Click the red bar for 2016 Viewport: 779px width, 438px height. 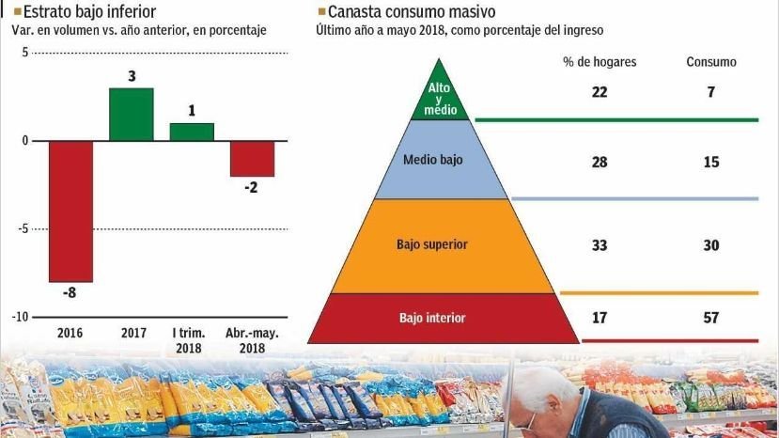click(70, 211)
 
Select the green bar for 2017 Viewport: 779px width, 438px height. click(131, 114)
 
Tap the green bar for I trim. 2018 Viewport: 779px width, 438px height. click(192, 132)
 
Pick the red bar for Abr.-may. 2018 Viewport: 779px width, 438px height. click(252, 159)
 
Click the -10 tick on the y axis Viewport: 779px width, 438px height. click(20, 317)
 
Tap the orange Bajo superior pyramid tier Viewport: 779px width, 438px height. click(432, 244)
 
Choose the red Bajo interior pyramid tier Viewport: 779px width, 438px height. click(432, 318)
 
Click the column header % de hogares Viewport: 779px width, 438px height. click(600, 62)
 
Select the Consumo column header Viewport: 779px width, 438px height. click(711, 62)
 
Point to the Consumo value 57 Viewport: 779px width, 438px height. click(711, 318)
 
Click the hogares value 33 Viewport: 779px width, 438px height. click(600, 244)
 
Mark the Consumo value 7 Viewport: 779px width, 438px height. click(711, 91)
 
